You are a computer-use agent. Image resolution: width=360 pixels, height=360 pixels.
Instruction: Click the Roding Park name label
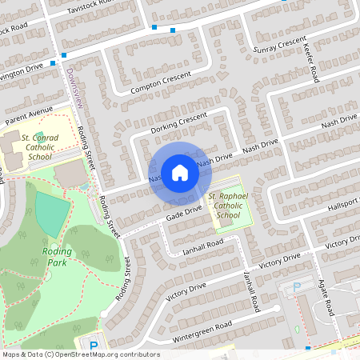click(x=55, y=256)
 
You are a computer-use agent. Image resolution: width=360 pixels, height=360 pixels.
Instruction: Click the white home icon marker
click(x=179, y=172)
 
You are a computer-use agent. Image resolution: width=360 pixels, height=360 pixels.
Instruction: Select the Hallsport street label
click(x=343, y=205)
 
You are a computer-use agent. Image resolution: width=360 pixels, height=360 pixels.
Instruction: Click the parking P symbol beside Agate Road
click(x=297, y=286)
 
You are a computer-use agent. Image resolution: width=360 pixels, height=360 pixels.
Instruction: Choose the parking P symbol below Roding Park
click(x=94, y=346)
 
